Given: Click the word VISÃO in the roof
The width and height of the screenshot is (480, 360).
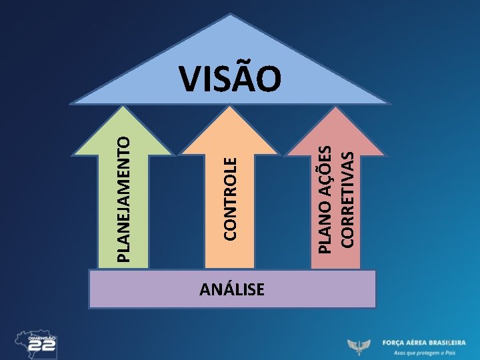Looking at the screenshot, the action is click(231, 78).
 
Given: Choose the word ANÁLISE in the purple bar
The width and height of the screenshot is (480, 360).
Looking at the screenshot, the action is click(232, 289).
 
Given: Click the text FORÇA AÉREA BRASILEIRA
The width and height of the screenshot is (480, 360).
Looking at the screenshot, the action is click(424, 342).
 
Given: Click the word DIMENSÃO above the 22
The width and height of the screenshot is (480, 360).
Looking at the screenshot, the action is click(42, 339).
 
